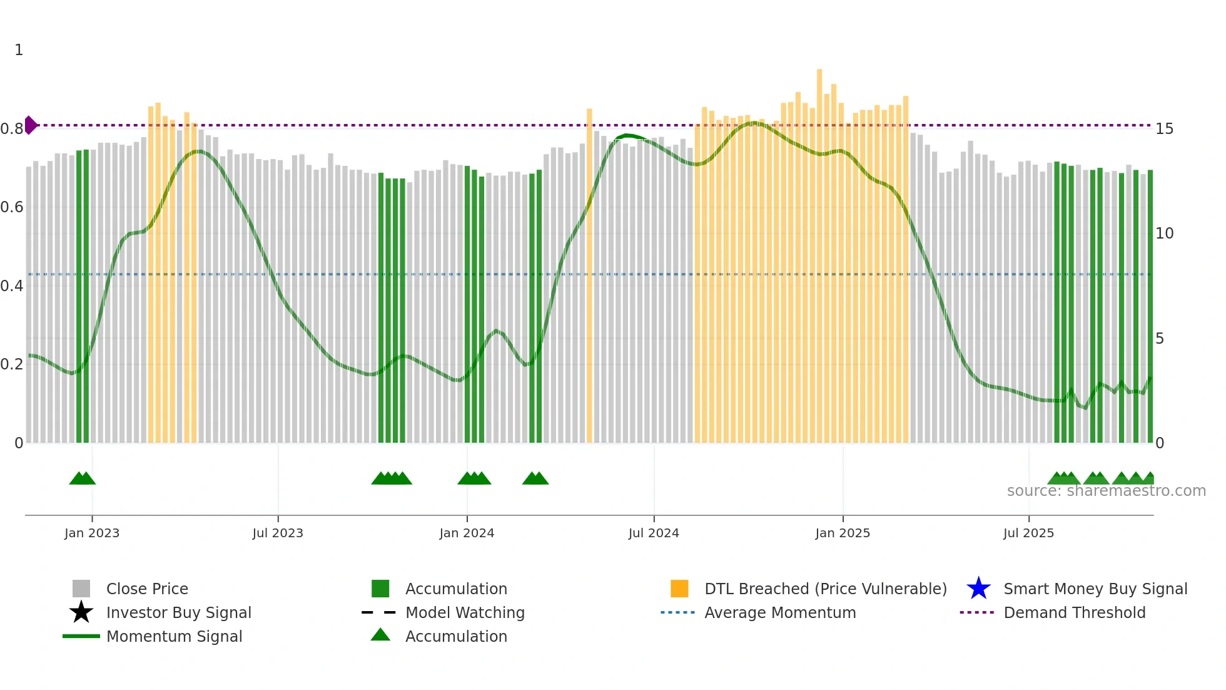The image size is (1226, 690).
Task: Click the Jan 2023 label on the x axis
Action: (x=92, y=533)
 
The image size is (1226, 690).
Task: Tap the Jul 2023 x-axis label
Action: (x=278, y=533)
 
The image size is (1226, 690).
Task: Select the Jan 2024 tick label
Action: (x=467, y=533)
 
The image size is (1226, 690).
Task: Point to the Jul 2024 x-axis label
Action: (x=654, y=533)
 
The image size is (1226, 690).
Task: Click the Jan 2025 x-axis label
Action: (x=843, y=533)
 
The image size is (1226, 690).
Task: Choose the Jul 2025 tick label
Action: (x=1028, y=533)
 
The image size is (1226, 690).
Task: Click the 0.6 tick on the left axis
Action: (x=12, y=207)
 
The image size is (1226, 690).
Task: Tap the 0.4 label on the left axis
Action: (x=12, y=286)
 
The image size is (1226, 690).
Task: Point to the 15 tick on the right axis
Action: (x=1164, y=129)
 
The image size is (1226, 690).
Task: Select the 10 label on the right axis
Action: (x=1164, y=234)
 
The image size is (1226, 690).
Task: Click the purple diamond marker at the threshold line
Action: (x=30, y=125)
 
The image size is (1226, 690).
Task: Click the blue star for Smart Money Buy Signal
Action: (x=978, y=589)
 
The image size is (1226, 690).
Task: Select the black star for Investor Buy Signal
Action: (x=81, y=612)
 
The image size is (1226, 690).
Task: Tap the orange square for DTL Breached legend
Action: (x=679, y=589)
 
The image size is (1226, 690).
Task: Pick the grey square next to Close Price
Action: (x=81, y=589)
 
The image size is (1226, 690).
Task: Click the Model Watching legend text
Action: (x=465, y=613)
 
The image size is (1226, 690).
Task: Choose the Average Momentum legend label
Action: (x=780, y=613)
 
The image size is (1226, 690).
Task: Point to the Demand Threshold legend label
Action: (x=1074, y=613)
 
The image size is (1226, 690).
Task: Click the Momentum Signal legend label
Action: (x=174, y=637)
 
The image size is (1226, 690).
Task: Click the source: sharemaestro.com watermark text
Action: (x=1106, y=491)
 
